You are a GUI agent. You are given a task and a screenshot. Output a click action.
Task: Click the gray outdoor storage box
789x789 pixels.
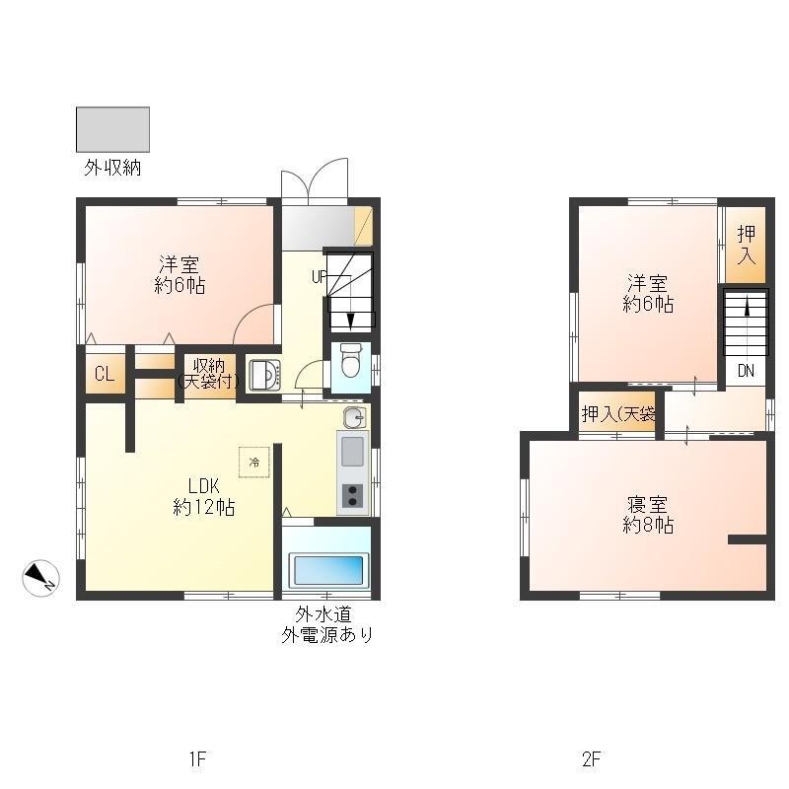click(x=112, y=129)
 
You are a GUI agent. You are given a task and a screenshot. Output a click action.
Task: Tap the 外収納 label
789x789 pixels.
click(x=111, y=168)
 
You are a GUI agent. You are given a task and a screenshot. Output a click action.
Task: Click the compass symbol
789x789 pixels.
click(x=41, y=578)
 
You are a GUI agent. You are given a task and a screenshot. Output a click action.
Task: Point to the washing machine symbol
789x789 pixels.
click(x=262, y=375)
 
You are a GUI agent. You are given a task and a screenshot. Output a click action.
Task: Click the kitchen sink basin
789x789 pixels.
click(x=352, y=452)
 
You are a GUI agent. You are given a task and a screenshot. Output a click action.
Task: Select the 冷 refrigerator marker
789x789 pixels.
click(x=253, y=462)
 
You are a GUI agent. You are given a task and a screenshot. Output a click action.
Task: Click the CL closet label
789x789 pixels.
click(x=103, y=374)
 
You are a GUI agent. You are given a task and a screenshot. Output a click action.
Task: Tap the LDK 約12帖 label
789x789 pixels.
click(x=204, y=497)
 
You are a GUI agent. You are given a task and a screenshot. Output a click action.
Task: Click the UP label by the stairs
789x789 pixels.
click(x=319, y=277)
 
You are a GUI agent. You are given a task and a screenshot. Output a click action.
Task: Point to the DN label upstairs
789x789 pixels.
click(x=746, y=372)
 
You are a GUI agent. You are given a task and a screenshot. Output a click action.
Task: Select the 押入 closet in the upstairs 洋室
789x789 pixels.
click(x=747, y=243)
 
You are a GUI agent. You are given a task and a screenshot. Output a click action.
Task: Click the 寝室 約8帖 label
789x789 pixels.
click(x=648, y=515)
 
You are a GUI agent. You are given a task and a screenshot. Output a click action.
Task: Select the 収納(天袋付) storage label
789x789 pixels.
click(x=208, y=372)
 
